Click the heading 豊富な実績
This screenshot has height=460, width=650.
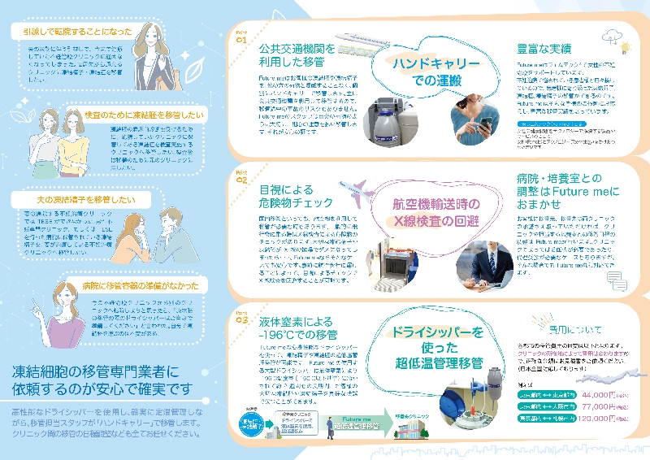pos(544,48)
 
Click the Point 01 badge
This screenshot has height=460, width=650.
pos(241,37)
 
